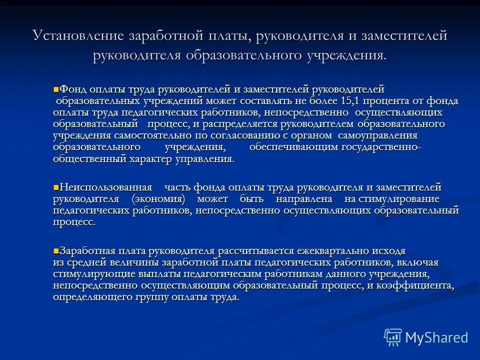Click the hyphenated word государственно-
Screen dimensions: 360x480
coord(381,147)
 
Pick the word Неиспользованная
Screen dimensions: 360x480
coord(105,187)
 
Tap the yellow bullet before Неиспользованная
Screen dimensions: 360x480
coord(55,187)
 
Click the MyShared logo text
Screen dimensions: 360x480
coord(436,337)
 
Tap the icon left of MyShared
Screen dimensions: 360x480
coord(393,337)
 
